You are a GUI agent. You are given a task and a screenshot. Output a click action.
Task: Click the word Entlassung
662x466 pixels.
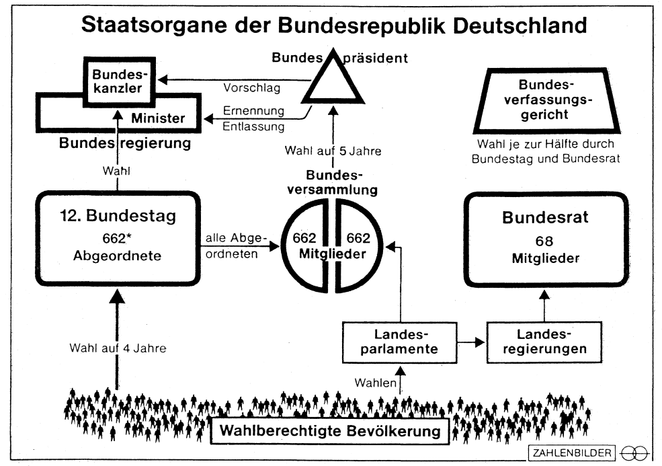pyautogui.click(x=254, y=126)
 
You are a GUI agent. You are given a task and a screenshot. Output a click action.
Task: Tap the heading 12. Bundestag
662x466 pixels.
pyautogui.click(x=118, y=217)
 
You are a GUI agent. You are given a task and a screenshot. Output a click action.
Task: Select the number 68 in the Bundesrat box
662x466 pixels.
pyautogui.click(x=544, y=240)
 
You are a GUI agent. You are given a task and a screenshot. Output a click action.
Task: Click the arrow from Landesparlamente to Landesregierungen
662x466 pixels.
pyautogui.click(x=470, y=342)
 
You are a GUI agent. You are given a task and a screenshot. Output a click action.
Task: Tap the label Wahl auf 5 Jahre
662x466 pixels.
pyautogui.click(x=333, y=151)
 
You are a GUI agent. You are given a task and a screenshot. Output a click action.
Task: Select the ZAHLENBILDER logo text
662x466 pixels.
pyautogui.click(x=571, y=453)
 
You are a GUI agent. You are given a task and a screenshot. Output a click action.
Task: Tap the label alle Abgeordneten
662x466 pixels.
pyautogui.click(x=234, y=247)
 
